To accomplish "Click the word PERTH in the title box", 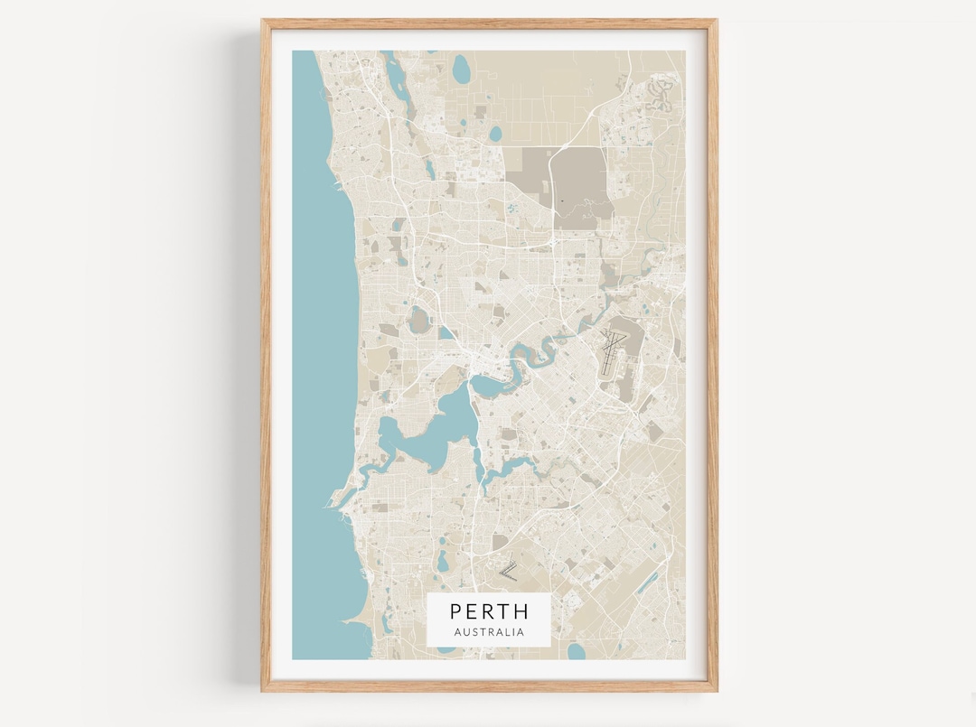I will point(489,611).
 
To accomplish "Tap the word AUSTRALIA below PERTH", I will point(489,632).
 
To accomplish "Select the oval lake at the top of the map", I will point(462,68).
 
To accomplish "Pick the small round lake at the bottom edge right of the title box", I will point(576,651).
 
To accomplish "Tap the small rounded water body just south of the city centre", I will point(489,387).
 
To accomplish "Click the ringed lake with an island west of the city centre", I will point(419,320).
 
